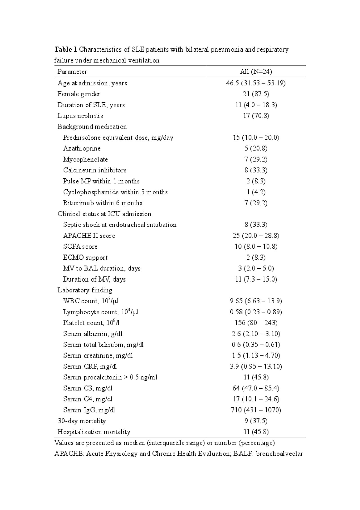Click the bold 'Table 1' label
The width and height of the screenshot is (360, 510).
coord(66,50)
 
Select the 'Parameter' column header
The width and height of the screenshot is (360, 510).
coord(72,72)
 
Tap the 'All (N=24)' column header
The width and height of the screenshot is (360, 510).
coord(256,72)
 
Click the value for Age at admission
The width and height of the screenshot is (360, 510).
coord(256,83)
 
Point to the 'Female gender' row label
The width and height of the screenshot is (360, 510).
coord(79,94)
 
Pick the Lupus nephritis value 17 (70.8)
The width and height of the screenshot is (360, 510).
coord(256,116)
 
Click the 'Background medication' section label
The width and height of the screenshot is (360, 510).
coord(92,127)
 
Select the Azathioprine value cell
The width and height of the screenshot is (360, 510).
coord(256,149)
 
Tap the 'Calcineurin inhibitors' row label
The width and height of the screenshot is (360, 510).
coord(95,170)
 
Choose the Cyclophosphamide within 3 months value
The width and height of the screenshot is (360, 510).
coord(256,192)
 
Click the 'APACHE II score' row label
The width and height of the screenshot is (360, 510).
coord(89,236)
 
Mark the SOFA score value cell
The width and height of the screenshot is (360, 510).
coord(256,247)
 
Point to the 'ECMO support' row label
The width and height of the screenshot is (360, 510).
coord(85,258)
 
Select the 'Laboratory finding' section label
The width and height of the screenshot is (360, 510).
coord(85,290)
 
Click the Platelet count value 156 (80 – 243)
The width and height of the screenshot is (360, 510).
coord(256,323)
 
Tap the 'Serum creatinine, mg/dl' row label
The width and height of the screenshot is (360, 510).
coord(98,356)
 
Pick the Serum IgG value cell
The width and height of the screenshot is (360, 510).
coord(256,410)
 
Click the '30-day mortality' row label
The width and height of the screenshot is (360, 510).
coord(82,421)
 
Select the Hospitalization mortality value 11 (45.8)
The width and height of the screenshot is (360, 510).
coord(256,432)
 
